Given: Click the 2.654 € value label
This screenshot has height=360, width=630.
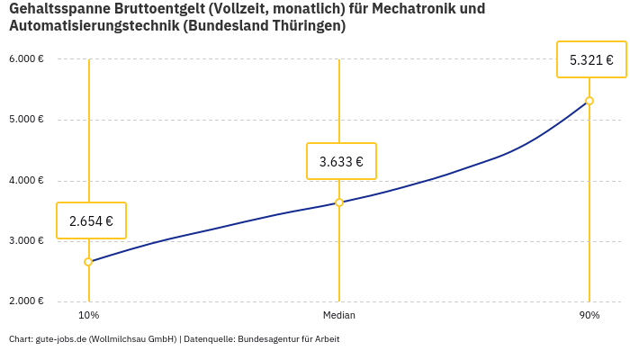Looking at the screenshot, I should (x=91, y=220).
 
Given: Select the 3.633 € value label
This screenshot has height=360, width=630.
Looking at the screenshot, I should (x=341, y=162).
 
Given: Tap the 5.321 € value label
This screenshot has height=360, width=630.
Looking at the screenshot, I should (x=591, y=60).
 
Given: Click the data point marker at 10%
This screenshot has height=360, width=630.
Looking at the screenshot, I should (x=88, y=262).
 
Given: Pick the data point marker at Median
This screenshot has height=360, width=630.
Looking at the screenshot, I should (x=339, y=202).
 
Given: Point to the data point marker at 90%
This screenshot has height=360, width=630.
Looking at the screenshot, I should (x=589, y=101).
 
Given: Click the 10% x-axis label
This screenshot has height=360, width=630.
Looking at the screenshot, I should (x=88, y=316).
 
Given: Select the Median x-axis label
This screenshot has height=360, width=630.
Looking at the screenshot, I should (x=339, y=316).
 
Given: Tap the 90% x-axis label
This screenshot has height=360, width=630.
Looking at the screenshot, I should (x=589, y=316).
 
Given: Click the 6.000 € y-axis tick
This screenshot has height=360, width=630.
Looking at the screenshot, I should (x=26, y=59).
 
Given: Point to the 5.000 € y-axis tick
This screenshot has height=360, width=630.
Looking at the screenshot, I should (x=26, y=120).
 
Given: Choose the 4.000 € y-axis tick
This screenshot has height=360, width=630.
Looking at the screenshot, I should (x=26, y=180).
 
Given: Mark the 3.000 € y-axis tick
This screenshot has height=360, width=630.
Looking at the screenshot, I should (x=26, y=241).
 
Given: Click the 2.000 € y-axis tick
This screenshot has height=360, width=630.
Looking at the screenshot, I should (x=26, y=301).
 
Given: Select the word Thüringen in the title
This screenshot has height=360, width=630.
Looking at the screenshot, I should (x=302, y=27).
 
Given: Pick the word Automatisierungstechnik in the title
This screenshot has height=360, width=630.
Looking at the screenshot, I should (x=93, y=27).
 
